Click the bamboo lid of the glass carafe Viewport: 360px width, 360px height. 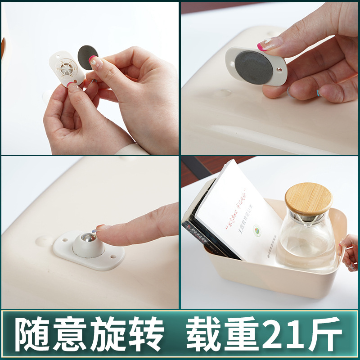[309, 198]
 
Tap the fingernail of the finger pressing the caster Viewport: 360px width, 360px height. [100, 229]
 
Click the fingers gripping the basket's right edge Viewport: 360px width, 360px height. [348, 252]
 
